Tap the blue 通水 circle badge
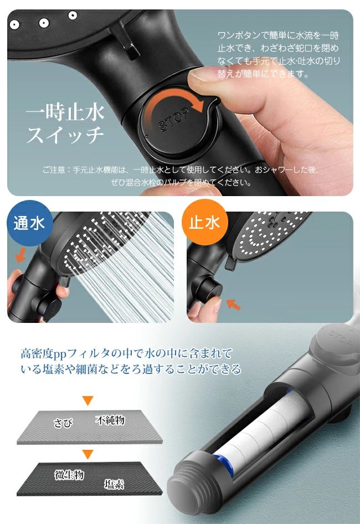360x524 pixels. click(29, 223)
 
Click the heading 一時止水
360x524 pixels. click(65, 112)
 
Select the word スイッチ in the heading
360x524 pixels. click(65, 135)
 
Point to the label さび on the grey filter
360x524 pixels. click(63, 423)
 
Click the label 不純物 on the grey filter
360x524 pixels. click(110, 420)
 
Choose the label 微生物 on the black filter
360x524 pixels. click(69, 475)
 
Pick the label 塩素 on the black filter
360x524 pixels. click(114, 484)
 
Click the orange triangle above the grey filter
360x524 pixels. click(88, 400)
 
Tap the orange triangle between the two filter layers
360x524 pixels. click(88, 454)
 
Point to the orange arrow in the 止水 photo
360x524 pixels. click(233, 304)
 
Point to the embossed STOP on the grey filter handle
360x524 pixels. click(340, 337)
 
